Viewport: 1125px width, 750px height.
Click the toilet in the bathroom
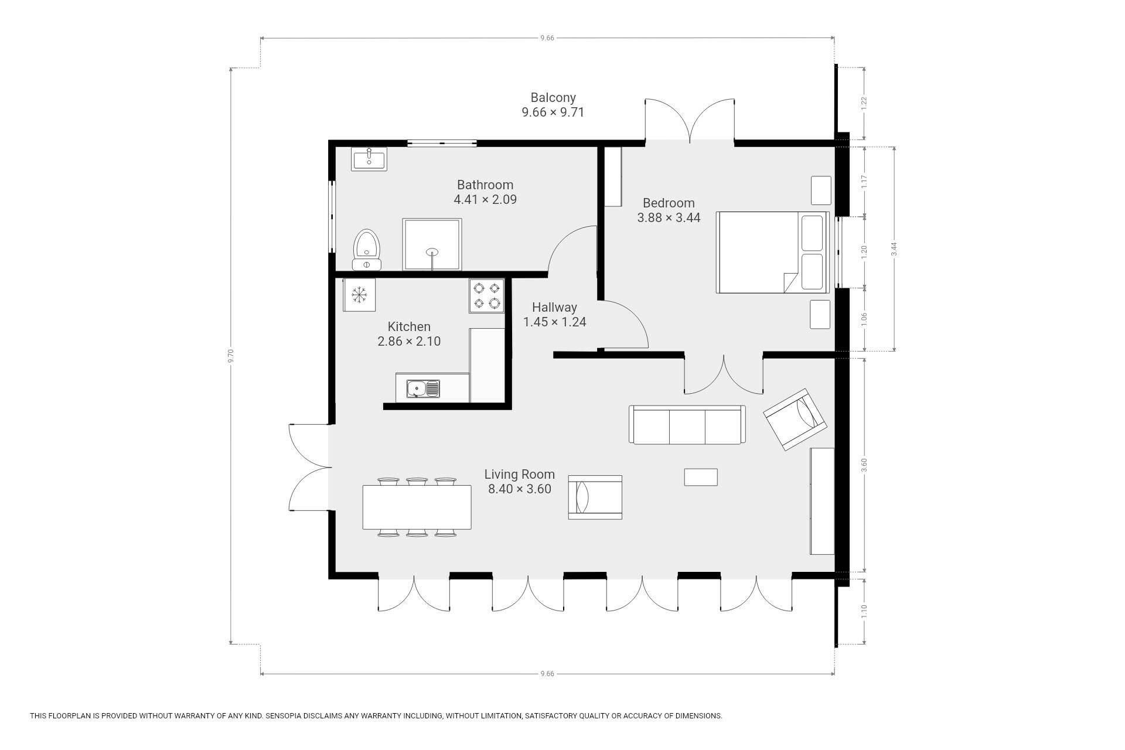(x=367, y=250)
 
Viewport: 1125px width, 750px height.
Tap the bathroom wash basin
(x=369, y=159)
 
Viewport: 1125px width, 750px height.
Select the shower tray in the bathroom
(x=432, y=244)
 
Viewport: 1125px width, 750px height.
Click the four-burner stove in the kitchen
(x=487, y=295)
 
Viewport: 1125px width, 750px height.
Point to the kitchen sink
(x=424, y=388)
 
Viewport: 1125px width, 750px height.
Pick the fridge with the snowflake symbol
(x=359, y=295)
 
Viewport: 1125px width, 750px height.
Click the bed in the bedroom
(x=772, y=253)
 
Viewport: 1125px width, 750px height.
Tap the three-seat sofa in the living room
(x=687, y=424)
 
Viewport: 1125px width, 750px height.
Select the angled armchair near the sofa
(x=795, y=419)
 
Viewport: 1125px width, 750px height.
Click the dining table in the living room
(x=417, y=507)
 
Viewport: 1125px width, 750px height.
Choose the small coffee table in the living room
(x=701, y=477)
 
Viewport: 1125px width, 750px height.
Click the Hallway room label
(x=554, y=307)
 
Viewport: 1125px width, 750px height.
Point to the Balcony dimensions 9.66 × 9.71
(x=553, y=112)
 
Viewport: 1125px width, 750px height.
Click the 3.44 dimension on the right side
(x=894, y=249)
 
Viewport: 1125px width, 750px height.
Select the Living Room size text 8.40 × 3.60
(x=520, y=489)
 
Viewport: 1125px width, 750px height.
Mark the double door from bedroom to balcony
(x=690, y=121)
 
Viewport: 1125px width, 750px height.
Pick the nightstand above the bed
(x=820, y=190)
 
